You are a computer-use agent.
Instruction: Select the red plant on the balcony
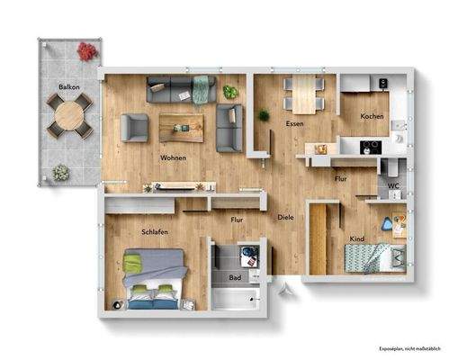[86, 52]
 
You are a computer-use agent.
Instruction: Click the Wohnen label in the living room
[174, 158]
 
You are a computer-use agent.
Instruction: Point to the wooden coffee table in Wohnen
[182, 127]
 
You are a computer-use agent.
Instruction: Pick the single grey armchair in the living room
[135, 127]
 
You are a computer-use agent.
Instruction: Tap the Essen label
[294, 123]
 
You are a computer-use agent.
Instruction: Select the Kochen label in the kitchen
[372, 117]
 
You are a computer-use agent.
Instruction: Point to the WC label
[392, 186]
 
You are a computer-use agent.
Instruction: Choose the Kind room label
[356, 238]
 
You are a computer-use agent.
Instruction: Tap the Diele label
[285, 218]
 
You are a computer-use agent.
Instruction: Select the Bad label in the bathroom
[235, 278]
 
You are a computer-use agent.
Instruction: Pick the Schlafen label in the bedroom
[155, 231]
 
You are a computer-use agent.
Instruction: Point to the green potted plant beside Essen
[264, 116]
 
